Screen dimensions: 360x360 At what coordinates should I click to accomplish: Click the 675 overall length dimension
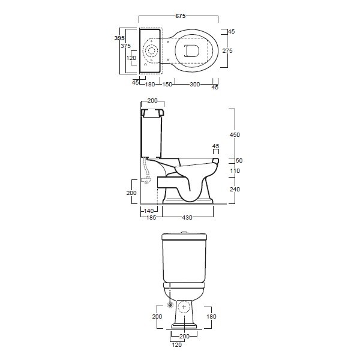tap(180, 16)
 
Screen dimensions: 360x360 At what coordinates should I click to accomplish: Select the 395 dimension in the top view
tap(119, 38)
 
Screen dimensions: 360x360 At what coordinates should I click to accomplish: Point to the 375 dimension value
tap(125, 46)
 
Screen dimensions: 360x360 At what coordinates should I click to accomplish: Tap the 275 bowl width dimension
tap(227, 51)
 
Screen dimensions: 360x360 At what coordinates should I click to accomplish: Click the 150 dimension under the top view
tap(167, 84)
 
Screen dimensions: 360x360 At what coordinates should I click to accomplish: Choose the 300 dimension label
tap(194, 84)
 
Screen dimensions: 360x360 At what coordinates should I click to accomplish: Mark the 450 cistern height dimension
tap(235, 135)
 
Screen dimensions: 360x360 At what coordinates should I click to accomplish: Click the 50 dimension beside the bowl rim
tap(239, 160)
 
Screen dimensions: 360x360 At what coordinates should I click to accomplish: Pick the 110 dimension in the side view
tap(235, 171)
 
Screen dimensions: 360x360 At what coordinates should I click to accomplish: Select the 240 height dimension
tap(235, 189)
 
